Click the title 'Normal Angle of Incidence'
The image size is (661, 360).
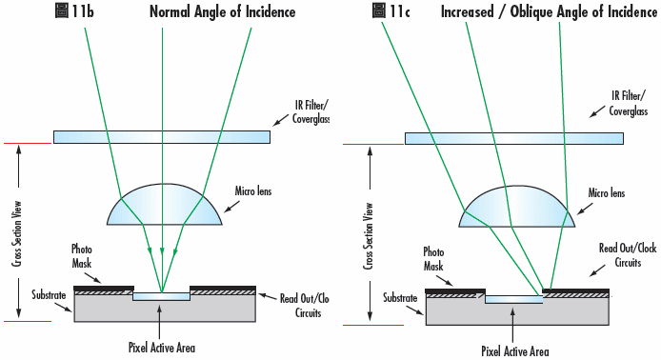click(x=221, y=12)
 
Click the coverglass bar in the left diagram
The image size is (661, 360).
click(x=161, y=137)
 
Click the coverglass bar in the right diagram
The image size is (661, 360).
click(x=514, y=138)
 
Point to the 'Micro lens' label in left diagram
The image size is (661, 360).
click(x=253, y=192)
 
